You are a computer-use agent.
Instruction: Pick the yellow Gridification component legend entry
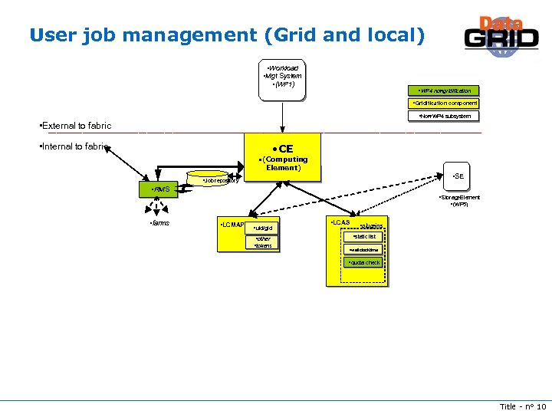[445, 103]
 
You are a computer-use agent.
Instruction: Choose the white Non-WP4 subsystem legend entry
[445, 117]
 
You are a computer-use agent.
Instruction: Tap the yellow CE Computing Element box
[282, 157]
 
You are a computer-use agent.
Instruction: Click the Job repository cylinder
[220, 178]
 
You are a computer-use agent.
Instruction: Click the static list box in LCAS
[364, 237]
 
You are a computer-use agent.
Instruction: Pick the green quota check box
[364, 263]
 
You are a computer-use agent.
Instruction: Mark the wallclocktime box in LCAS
[364, 250]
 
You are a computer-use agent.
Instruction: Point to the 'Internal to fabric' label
[73, 146]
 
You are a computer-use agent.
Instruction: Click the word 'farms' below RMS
[159, 223]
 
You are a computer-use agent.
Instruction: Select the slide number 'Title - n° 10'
[522, 406]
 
